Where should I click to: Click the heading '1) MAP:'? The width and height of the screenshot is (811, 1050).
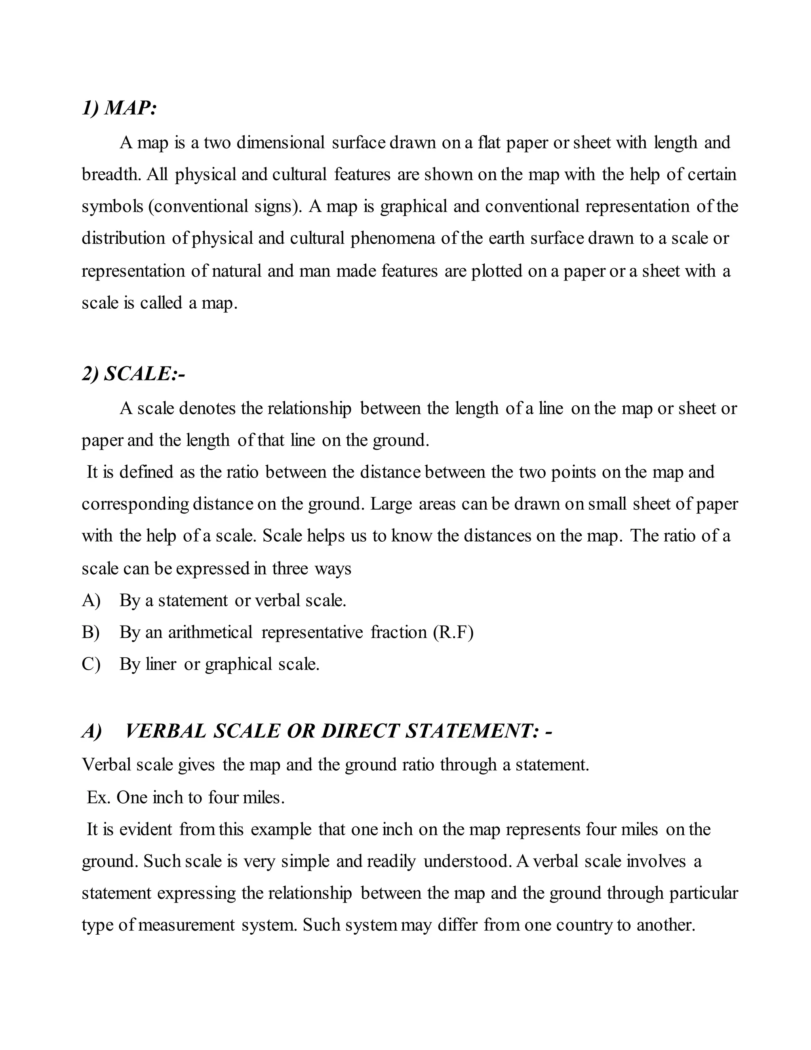tap(119, 108)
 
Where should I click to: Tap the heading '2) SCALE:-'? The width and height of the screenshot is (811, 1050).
tap(133, 374)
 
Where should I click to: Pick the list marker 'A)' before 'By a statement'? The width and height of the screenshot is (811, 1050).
tap(91, 600)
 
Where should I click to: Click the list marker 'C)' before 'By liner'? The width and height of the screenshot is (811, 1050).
tap(91, 664)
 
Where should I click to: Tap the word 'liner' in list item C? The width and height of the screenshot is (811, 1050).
tap(161, 664)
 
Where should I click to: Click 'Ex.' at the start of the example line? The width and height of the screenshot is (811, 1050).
tap(99, 798)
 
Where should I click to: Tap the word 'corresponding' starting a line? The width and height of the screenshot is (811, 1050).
tap(135, 504)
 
